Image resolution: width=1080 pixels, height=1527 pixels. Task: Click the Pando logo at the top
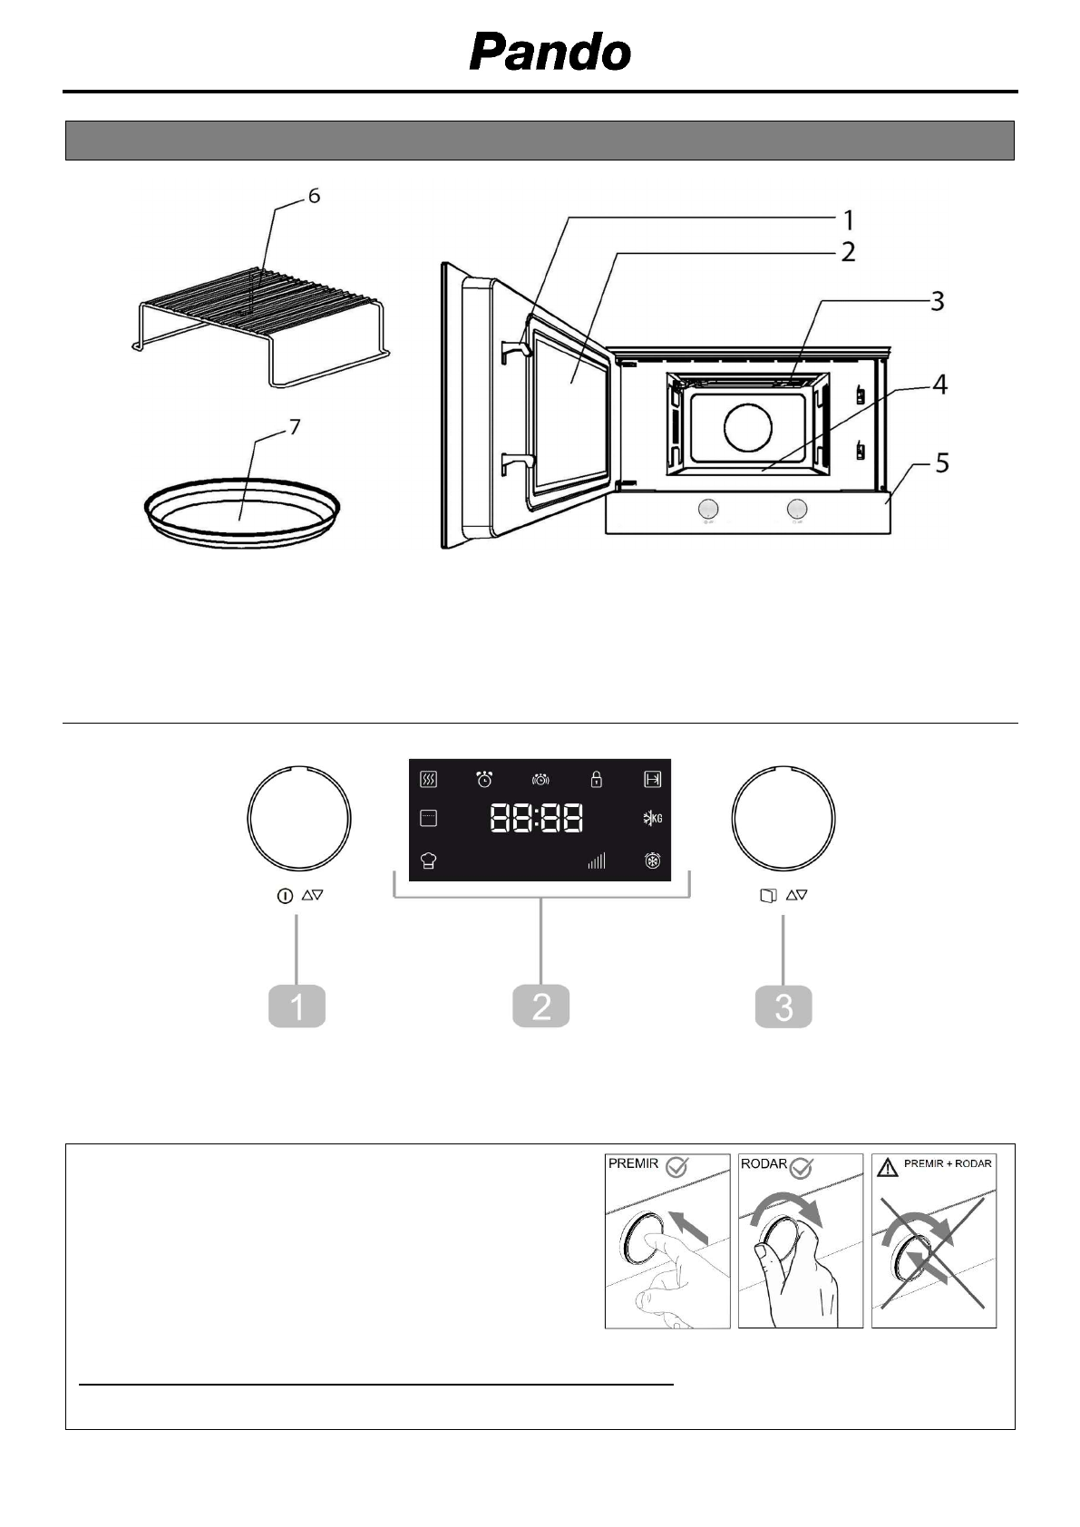click(x=550, y=53)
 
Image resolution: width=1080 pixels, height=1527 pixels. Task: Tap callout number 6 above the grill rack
click(x=314, y=196)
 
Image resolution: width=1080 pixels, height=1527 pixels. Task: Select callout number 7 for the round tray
click(x=295, y=426)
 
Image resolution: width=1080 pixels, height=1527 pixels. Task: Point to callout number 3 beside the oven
click(x=937, y=301)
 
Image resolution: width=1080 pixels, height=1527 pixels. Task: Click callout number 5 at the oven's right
click(x=942, y=463)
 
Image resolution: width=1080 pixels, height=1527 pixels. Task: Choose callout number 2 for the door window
click(x=847, y=251)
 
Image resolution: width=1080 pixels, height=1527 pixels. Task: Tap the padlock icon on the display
click(x=596, y=779)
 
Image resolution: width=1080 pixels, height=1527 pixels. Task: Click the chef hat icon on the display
click(x=429, y=861)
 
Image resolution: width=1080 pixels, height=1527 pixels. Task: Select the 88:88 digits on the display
click(x=537, y=819)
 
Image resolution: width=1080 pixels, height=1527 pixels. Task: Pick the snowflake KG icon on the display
click(x=652, y=819)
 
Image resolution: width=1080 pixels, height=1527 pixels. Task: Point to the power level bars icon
click(x=596, y=861)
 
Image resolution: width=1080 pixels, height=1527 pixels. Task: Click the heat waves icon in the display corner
click(x=429, y=779)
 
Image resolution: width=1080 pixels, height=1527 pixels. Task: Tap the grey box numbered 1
click(x=297, y=1007)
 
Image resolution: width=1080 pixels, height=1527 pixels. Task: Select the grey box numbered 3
click(x=783, y=1007)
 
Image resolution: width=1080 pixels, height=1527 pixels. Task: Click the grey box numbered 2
click(x=540, y=1007)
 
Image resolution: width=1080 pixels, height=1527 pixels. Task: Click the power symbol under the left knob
click(x=284, y=896)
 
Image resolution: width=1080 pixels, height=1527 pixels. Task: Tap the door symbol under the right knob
click(x=768, y=896)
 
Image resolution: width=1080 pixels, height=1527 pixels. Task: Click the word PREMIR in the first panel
click(x=632, y=1164)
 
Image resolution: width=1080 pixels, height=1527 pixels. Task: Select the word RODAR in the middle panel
click(x=764, y=1164)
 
